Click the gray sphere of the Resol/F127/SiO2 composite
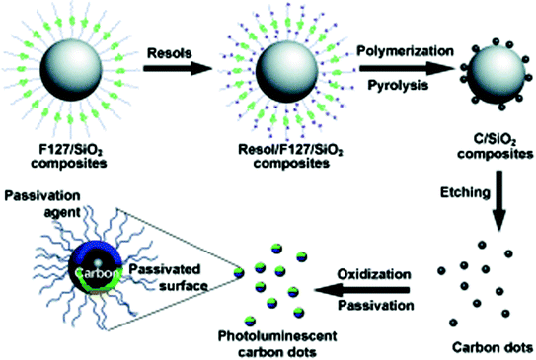[284, 70]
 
